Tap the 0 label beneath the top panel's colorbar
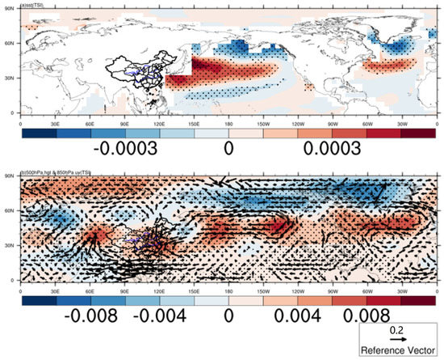click(228, 151)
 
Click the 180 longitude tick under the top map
click(228, 119)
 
